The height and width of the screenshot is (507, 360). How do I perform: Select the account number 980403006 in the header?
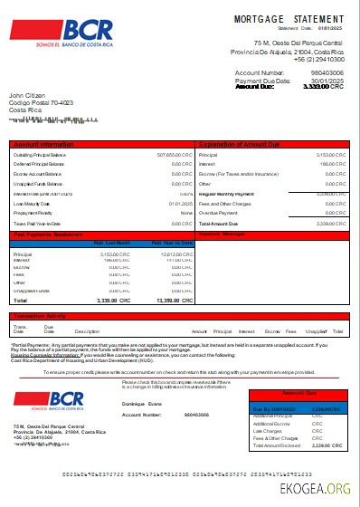click(x=327, y=72)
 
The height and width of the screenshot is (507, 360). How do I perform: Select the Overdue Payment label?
click(x=218, y=213)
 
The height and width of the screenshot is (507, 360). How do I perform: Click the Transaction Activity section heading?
click(x=43, y=316)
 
